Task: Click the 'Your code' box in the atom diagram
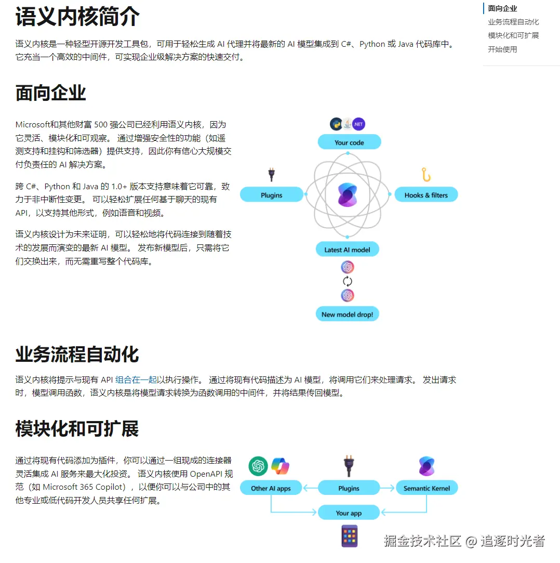tap(349, 142)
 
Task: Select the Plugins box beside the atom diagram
tap(271, 194)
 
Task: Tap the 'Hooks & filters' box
tap(426, 194)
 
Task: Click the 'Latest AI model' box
tap(347, 249)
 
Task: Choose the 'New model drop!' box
tap(347, 314)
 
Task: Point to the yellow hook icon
tap(426, 175)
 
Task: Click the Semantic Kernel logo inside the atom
tap(347, 194)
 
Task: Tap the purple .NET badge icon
tap(358, 124)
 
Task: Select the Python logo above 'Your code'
tap(336, 124)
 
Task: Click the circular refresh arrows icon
tap(347, 281)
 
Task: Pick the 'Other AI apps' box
tap(271, 488)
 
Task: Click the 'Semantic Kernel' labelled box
tap(426, 488)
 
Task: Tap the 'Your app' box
tap(349, 513)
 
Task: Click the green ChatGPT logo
tap(258, 466)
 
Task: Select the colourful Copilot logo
tap(280, 466)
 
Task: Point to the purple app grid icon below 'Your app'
tap(349, 536)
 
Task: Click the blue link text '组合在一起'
tap(136, 379)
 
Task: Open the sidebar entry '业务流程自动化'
tap(513, 22)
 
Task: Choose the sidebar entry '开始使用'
tap(502, 49)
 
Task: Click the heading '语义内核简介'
tap(77, 17)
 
